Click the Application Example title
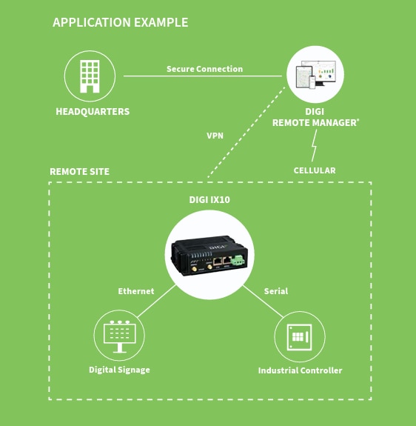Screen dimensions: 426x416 (x=120, y=22)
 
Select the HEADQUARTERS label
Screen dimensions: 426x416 (x=93, y=112)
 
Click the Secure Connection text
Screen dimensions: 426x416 (x=204, y=69)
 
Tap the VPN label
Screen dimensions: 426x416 (x=215, y=136)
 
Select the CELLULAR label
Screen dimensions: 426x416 (x=315, y=170)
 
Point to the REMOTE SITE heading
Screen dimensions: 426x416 (x=79, y=172)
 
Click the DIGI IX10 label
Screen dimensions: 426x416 (x=209, y=199)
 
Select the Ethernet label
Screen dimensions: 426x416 (x=136, y=291)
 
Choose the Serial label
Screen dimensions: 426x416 (x=276, y=291)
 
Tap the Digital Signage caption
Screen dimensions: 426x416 (x=119, y=370)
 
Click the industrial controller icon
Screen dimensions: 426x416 (x=300, y=336)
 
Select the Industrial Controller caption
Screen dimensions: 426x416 (x=300, y=370)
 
